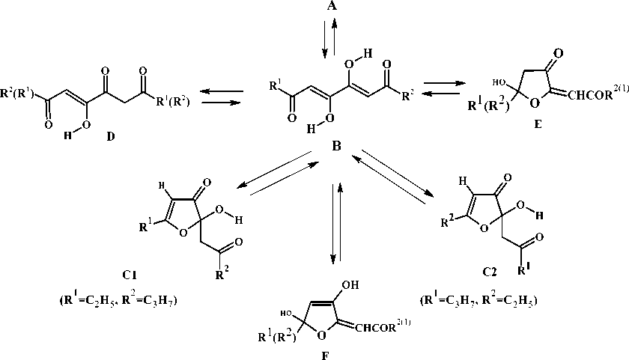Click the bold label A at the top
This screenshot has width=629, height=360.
[329, 7]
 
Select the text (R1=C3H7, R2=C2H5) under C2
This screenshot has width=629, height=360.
[480, 302]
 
